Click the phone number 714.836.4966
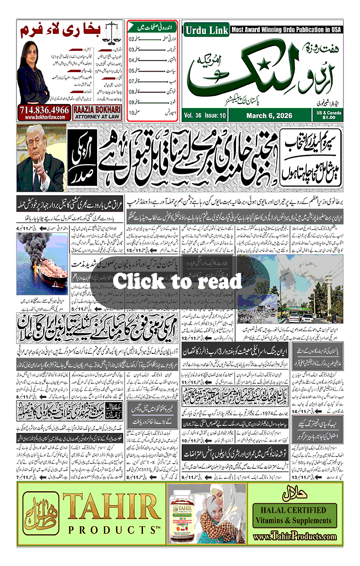tap(44, 110)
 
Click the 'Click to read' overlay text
tap(177, 281)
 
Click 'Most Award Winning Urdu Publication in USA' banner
tap(285, 30)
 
